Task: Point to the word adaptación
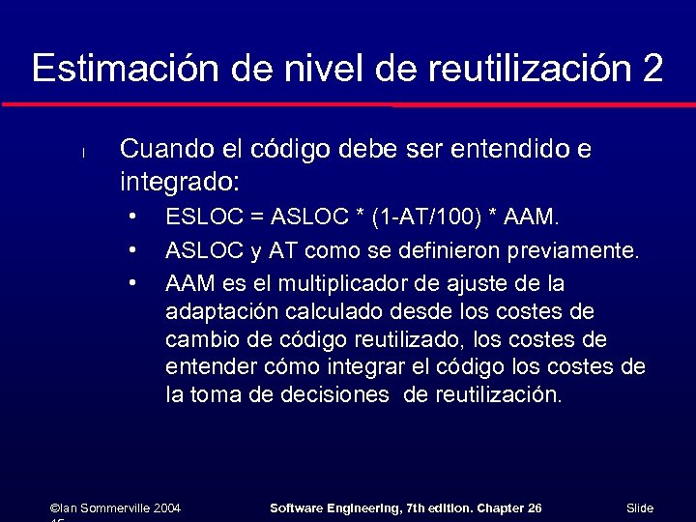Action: pos(219,312)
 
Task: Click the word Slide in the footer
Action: pos(640,507)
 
